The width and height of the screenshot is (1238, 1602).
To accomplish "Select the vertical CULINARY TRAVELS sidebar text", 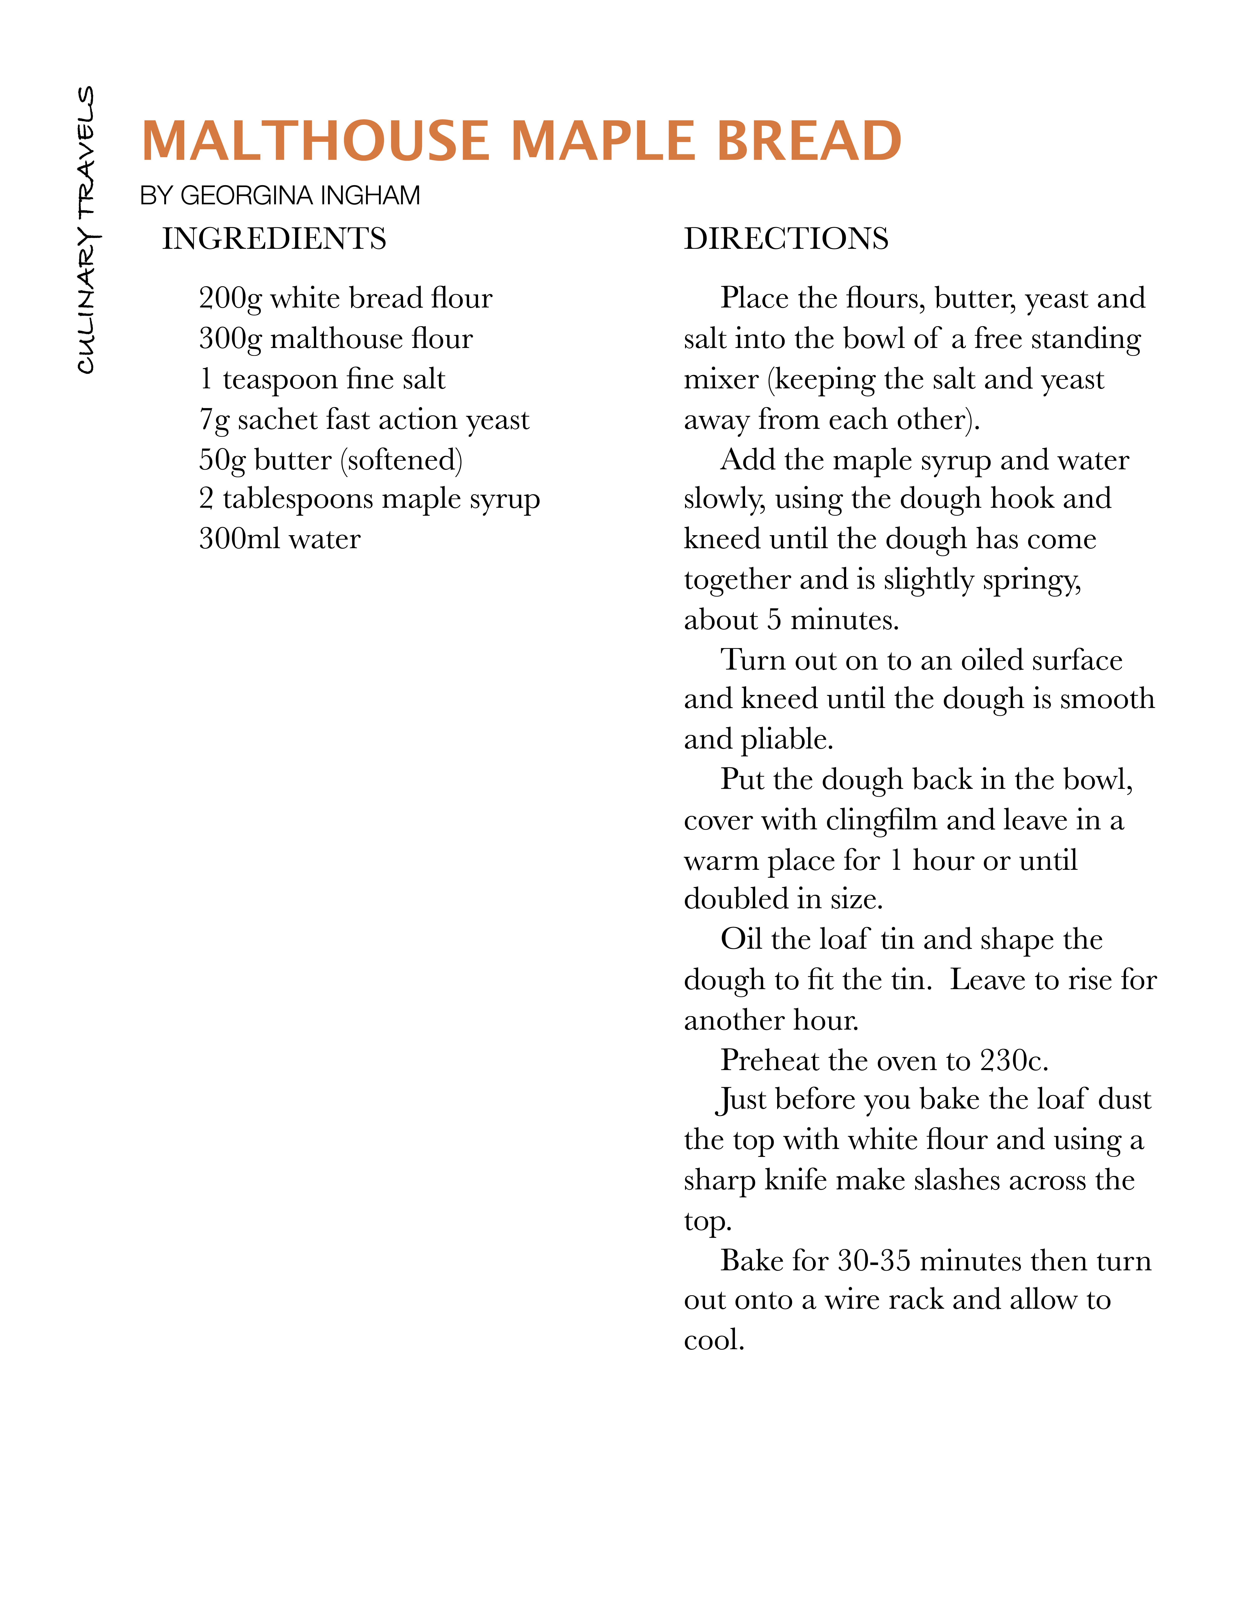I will [x=87, y=230].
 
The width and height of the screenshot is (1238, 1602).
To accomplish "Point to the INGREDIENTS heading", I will [x=274, y=239].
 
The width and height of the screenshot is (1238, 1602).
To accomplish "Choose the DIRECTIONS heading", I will [x=786, y=239].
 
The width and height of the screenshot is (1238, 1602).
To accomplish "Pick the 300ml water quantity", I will [x=239, y=539].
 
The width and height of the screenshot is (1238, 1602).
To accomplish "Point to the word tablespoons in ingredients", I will [x=297, y=500].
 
